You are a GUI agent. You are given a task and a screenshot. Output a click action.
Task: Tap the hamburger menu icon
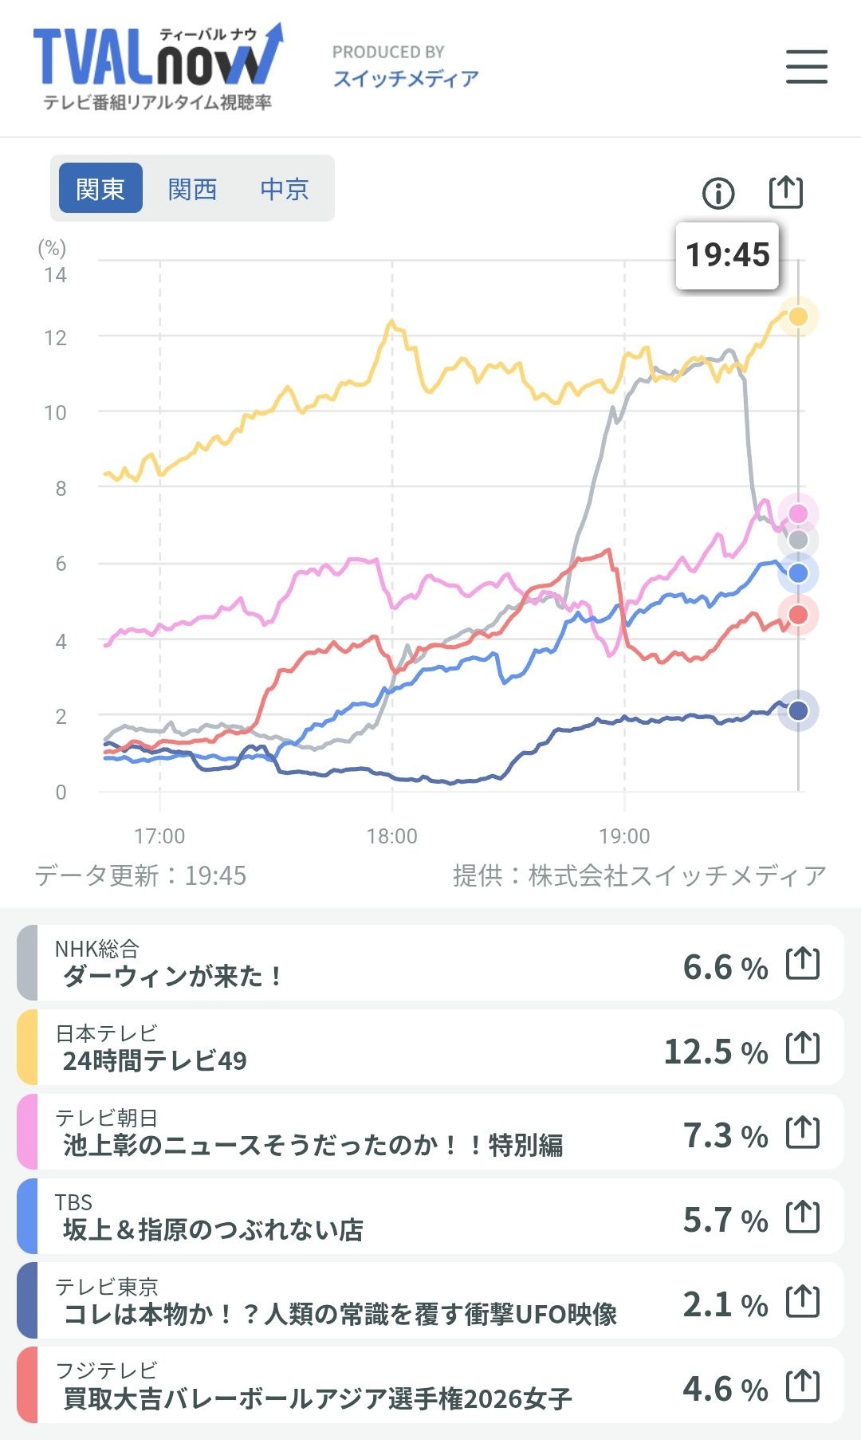coord(806,66)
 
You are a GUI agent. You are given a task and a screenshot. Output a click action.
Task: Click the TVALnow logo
coord(158,67)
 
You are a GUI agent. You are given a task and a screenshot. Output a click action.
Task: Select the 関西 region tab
coord(192,189)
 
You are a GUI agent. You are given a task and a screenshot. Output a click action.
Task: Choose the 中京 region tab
coord(284,189)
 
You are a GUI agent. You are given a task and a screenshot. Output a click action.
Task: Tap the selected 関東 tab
coord(100,188)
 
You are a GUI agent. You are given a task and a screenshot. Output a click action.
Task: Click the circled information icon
coord(718,193)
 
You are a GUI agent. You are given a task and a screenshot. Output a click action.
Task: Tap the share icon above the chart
coord(785,191)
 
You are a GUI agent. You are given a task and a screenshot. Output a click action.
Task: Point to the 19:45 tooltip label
coord(727,255)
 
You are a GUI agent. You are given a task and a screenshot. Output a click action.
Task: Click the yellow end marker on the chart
coord(798,317)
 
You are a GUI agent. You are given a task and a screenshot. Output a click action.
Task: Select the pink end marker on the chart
coord(798,513)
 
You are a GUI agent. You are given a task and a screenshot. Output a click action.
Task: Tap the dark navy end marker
coord(798,710)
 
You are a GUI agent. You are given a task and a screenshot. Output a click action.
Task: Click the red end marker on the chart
coord(798,614)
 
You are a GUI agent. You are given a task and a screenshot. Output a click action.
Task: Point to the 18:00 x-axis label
coord(391,836)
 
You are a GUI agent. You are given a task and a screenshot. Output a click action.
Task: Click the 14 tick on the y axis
coord(55,275)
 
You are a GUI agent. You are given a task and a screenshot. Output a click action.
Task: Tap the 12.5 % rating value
coord(716,1052)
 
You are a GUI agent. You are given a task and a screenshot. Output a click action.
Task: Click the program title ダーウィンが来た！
coord(172,976)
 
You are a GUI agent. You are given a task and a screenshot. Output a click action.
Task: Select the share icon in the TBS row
coord(803,1217)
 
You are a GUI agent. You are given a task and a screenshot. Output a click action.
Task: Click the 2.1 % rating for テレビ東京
coord(725,1304)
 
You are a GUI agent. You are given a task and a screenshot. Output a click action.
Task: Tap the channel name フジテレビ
coord(107,1370)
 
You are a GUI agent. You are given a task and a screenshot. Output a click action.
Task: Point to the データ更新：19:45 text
coord(140,875)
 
